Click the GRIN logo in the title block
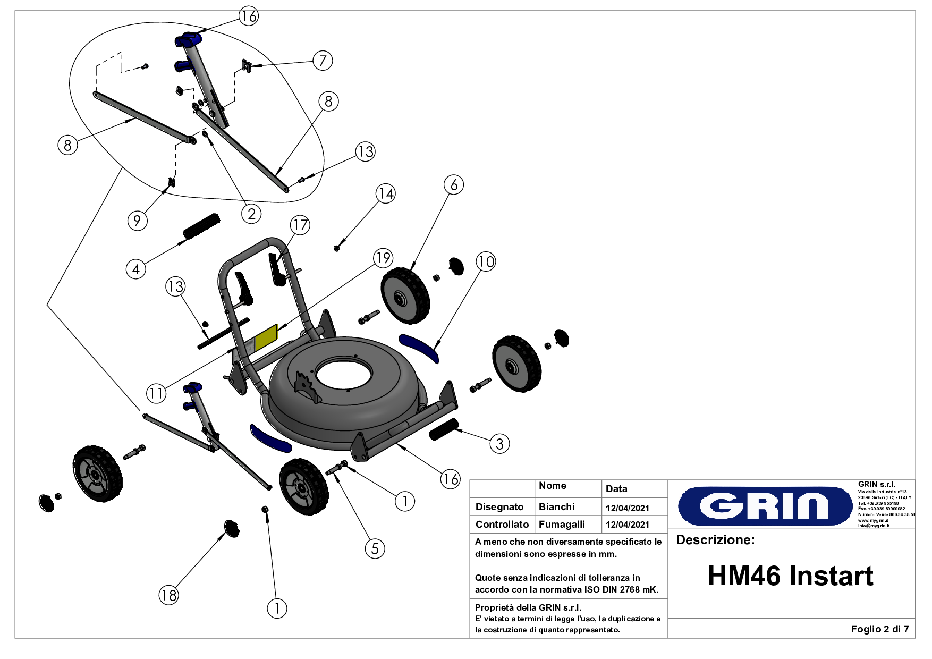point(765,506)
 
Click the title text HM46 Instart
point(790,576)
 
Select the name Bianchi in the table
point(556,507)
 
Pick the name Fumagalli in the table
point(562,525)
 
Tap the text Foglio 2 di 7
point(879,629)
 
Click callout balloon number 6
point(454,185)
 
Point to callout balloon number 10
point(486,261)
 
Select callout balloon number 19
point(383,258)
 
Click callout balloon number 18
point(169,595)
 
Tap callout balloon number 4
point(136,269)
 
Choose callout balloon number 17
point(300,225)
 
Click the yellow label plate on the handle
point(266,337)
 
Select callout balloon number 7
point(323,61)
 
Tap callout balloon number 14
point(386,194)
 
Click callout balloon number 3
point(499,444)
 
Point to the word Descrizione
point(715,540)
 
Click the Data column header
point(616,489)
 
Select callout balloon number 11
point(156,394)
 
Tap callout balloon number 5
point(375,548)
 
